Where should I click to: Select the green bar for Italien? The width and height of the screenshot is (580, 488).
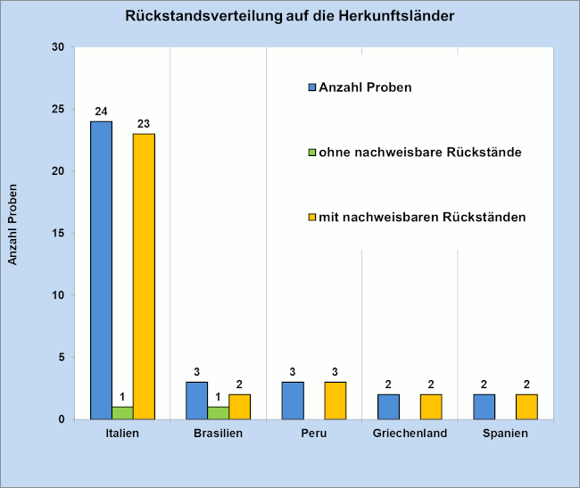[122, 413]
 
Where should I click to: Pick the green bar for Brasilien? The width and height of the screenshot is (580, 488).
[219, 413]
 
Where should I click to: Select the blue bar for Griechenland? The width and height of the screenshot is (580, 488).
[388, 407]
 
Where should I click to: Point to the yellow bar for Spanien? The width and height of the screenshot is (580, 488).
[527, 407]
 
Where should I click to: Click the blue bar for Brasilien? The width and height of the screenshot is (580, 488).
[196, 401]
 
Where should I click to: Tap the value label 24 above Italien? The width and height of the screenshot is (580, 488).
[101, 112]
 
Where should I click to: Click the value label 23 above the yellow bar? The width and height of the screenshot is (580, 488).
[144, 124]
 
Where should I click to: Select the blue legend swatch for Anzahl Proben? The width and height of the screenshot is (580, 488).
[312, 87]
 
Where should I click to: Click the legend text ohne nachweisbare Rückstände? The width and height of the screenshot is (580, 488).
[420, 153]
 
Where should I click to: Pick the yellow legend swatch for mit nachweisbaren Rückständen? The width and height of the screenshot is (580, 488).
[312, 217]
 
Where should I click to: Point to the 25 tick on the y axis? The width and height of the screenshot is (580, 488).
[60, 109]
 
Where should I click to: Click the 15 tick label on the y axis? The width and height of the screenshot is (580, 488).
[60, 234]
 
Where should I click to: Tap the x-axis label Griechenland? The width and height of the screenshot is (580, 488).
[410, 434]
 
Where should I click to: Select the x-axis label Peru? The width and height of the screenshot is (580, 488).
[314, 434]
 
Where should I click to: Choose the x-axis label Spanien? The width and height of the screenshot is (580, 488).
[506, 434]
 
